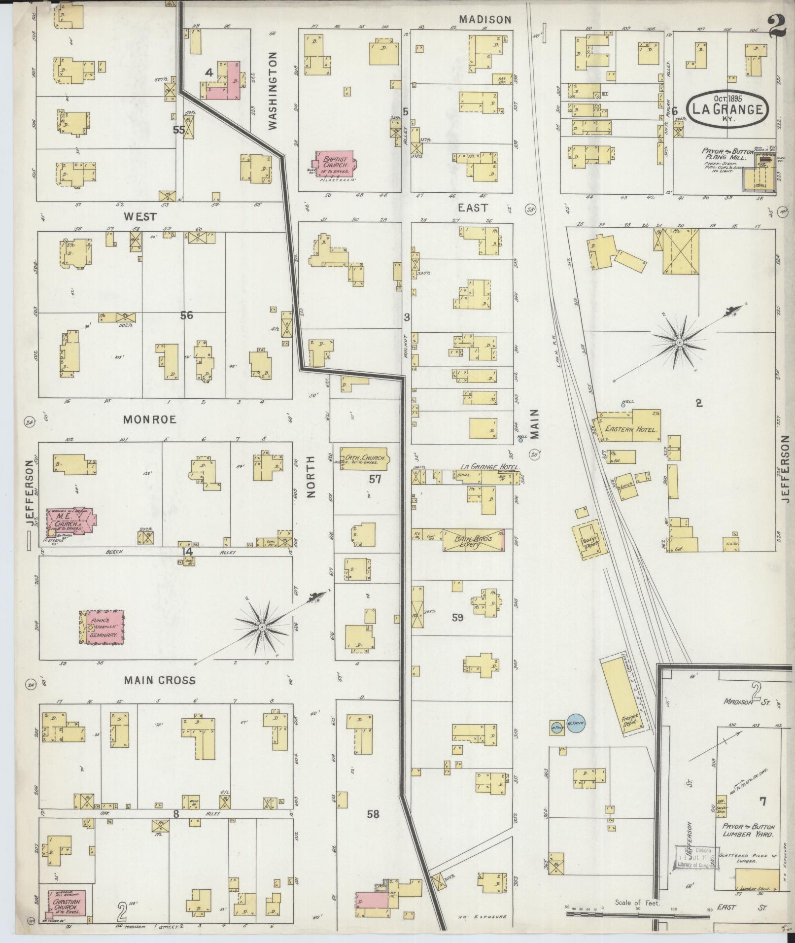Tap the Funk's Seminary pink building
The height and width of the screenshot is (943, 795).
click(102, 627)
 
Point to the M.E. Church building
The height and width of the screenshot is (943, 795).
click(70, 522)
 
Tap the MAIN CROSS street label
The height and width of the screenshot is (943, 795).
click(159, 680)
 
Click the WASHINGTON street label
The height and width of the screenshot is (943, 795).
click(273, 91)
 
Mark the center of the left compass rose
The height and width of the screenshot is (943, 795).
click(262, 627)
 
